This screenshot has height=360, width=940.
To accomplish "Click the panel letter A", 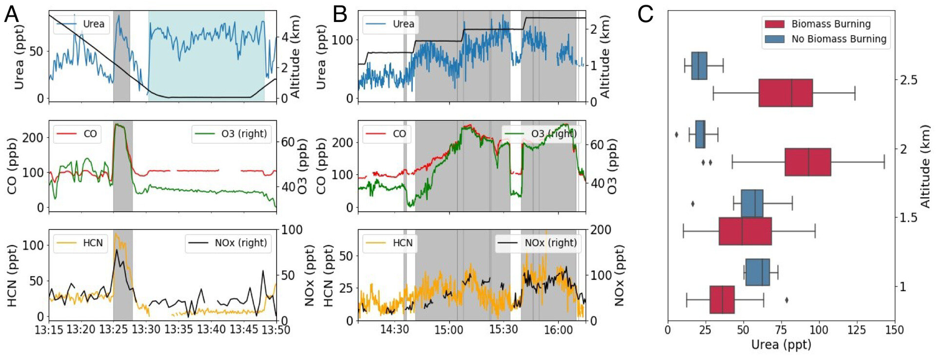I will [12, 15].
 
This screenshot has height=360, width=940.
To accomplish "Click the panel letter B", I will [340, 15].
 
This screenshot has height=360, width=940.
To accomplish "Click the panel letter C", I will [646, 15].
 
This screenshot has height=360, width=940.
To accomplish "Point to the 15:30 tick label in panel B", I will [503, 330].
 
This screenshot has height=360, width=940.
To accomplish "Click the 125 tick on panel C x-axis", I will [857, 330].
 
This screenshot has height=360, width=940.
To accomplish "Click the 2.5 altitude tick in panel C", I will [908, 80].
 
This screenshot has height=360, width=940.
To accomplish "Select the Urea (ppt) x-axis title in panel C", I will [781, 345].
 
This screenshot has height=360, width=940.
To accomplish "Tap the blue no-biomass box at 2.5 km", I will [699, 66].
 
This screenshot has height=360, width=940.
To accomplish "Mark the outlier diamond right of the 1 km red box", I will [786, 300].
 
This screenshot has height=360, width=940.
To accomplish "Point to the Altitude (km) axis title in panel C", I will [925, 166].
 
